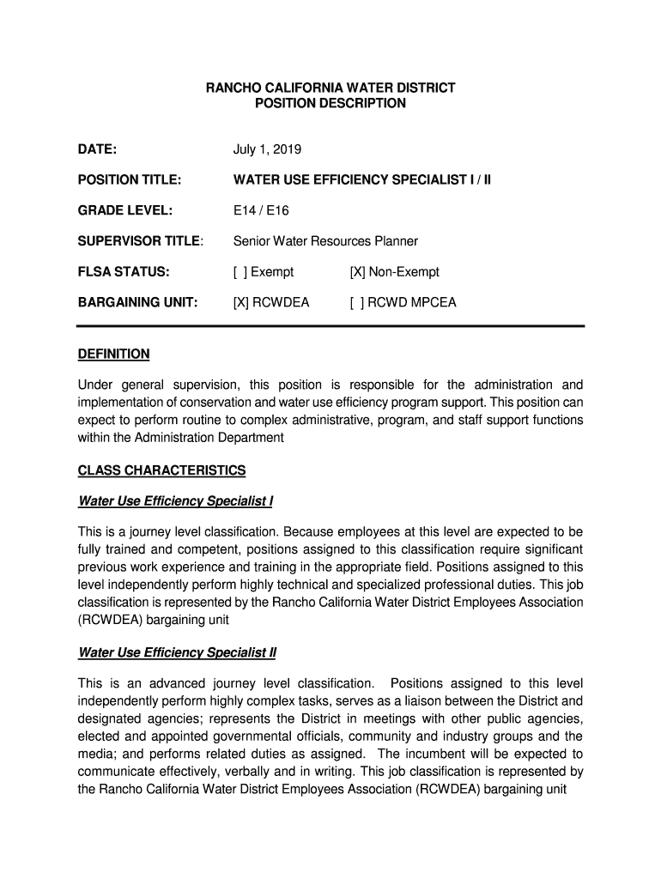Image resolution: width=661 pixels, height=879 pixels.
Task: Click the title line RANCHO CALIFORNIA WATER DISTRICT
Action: [330, 88]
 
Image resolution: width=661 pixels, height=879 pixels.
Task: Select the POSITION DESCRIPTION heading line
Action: [330, 103]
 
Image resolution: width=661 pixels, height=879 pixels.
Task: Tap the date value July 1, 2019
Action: [267, 149]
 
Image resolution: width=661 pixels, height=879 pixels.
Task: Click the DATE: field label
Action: [97, 149]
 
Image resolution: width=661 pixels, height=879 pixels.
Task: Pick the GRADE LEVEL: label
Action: [125, 210]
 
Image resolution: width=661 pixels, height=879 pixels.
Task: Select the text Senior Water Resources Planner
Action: [325, 241]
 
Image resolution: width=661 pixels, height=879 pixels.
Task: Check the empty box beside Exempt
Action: [240, 272]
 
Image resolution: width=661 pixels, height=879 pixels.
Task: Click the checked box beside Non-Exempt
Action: [357, 272]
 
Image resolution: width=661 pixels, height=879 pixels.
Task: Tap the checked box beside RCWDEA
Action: [240, 302]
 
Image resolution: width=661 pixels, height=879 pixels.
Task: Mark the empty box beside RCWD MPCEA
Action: [356, 302]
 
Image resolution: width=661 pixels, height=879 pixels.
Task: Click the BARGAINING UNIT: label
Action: [138, 302]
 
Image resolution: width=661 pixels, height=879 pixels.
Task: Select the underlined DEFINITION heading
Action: [113, 354]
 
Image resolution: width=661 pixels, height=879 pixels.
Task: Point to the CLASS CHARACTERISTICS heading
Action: [161, 470]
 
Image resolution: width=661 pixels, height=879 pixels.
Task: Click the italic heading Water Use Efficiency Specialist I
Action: [175, 501]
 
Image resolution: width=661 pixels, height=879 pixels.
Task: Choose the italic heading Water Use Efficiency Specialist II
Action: [177, 652]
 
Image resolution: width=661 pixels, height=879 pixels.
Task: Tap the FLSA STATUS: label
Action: [124, 272]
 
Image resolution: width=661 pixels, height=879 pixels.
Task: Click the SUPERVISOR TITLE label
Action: [140, 241]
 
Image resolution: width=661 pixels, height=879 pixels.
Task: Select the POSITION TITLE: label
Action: [130, 180]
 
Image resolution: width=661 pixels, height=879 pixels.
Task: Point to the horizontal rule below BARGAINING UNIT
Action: [330, 326]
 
